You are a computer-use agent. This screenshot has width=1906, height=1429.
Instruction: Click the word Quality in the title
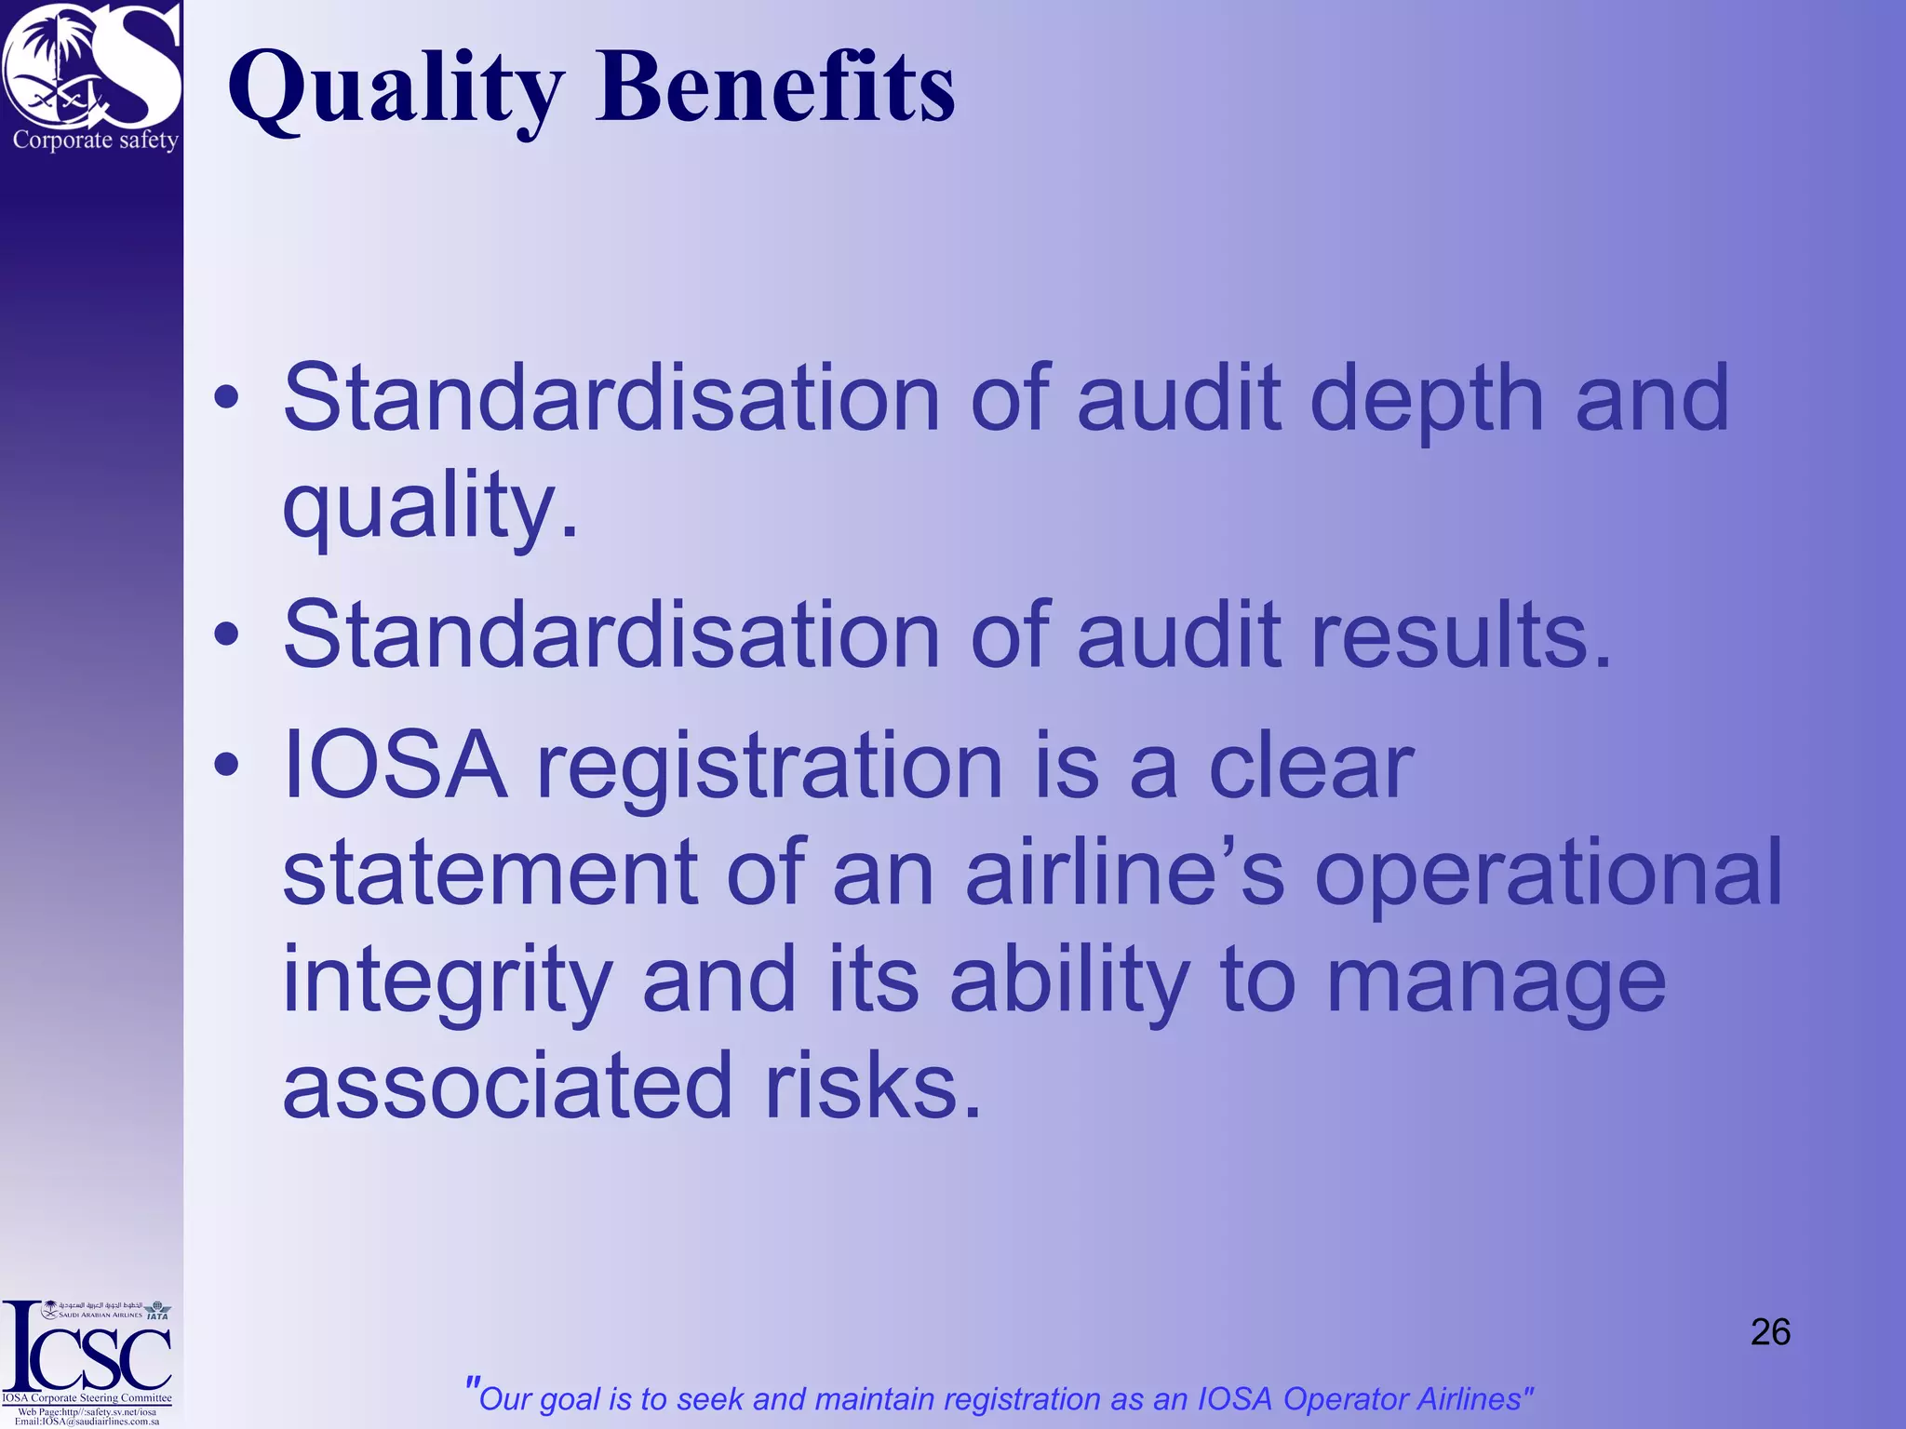[396, 89]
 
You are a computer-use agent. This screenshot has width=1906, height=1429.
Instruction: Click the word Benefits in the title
[775, 87]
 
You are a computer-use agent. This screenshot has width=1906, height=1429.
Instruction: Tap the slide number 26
[1770, 1332]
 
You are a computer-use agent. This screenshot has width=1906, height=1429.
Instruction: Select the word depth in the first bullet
[1427, 400]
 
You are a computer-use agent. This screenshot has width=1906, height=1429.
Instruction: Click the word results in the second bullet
[1460, 635]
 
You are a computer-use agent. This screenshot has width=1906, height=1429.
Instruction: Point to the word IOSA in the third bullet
[396, 766]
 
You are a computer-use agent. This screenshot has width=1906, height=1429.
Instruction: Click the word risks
[873, 1086]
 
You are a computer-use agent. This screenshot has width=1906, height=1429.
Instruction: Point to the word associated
[508, 1086]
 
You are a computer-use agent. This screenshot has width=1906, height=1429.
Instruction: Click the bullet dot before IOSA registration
[226, 766]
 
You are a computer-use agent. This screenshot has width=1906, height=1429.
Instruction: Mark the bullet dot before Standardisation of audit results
[226, 635]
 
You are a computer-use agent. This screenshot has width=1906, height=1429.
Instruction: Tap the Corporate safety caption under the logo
[95, 140]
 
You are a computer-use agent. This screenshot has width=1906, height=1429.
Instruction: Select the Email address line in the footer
[87, 1422]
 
